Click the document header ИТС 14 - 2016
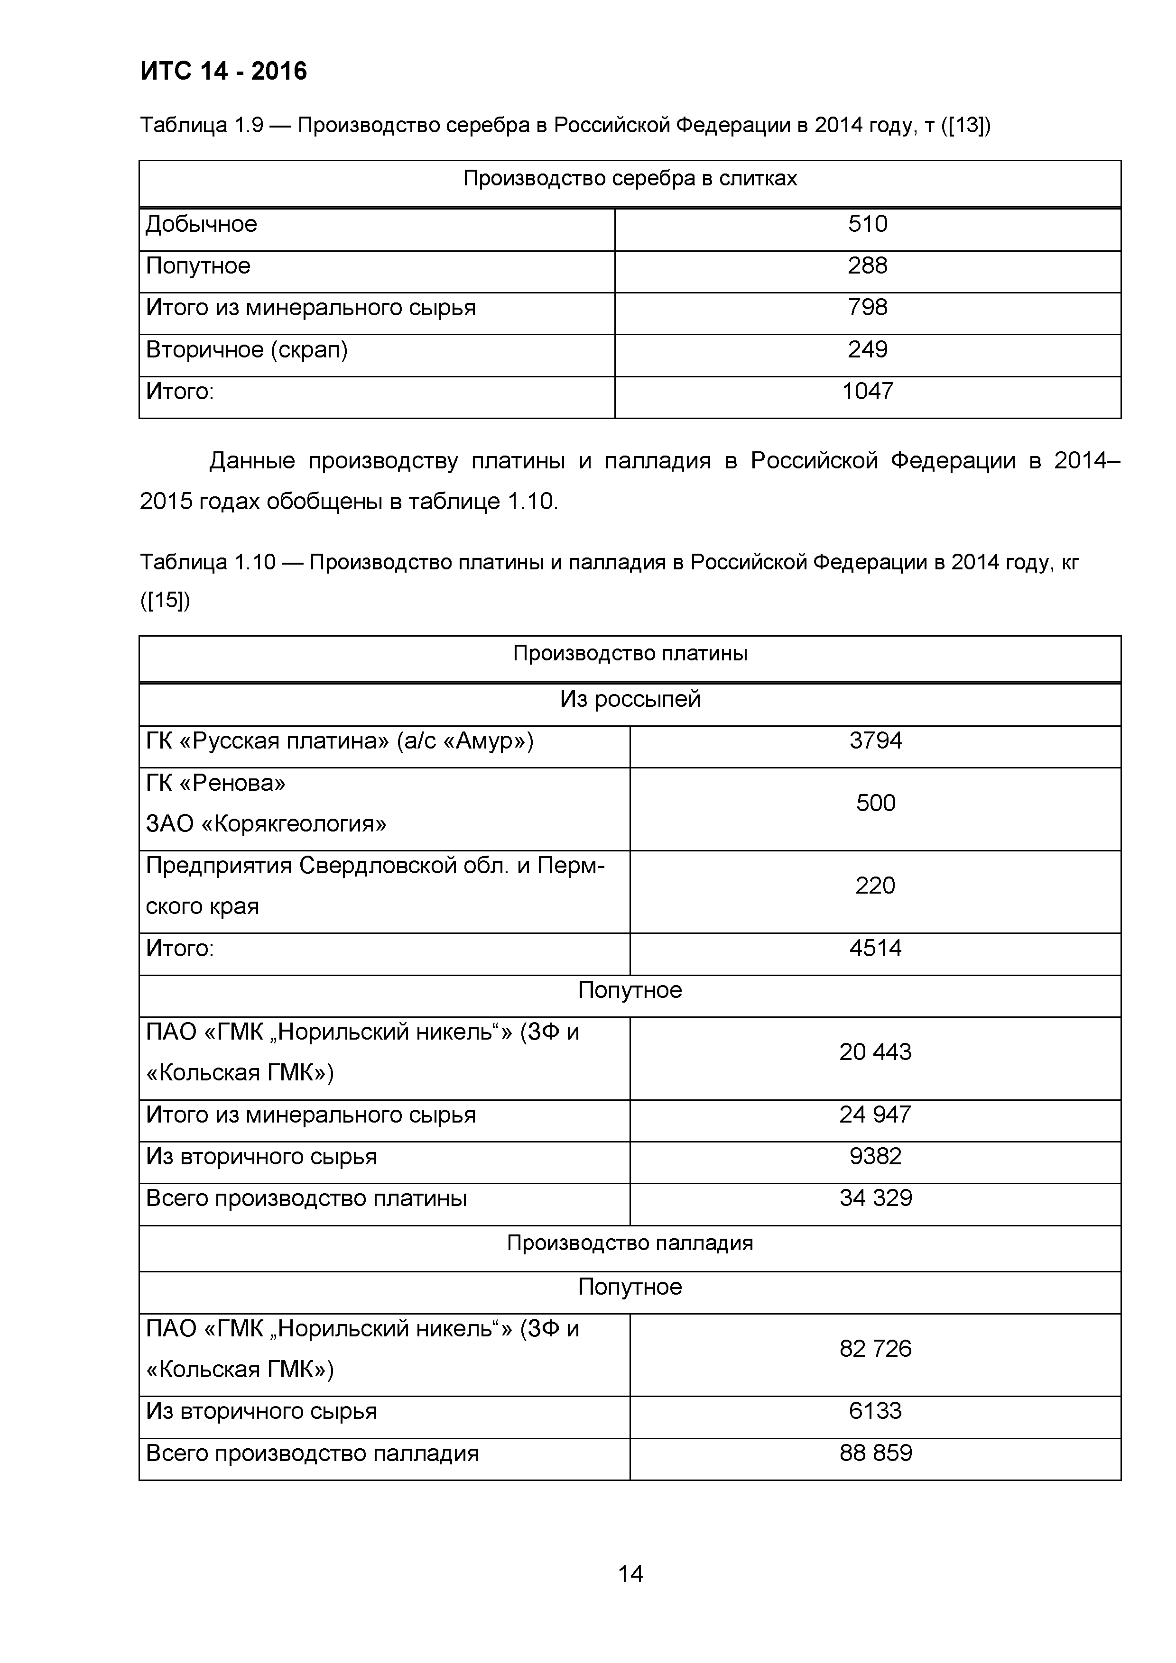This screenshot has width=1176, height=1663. pos(223,71)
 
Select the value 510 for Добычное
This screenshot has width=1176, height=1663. pos(867,224)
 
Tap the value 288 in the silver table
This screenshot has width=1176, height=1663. pos(867,266)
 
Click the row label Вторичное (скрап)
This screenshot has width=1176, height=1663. pos(246,350)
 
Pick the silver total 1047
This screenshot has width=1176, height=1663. pos(867,391)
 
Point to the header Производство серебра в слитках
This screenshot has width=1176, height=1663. pos(630,179)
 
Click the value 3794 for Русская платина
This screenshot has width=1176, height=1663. pos(875,740)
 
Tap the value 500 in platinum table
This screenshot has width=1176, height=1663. pos(875,803)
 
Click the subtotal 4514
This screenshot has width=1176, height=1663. pos(875,948)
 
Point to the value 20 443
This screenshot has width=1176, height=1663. pos(875,1051)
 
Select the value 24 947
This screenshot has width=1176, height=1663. pos(875,1114)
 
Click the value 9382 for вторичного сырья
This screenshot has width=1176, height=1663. pos(875,1156)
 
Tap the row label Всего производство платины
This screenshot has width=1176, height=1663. pos(306,1198)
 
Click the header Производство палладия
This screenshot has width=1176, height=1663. pos(630,1243)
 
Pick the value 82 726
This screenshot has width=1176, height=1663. pos(875,1349)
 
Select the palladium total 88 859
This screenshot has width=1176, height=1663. pos(875,1453)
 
